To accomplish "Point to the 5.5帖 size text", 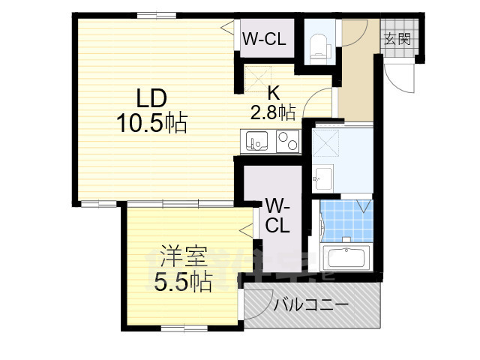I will click(182, 282).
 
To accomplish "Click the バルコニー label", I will click(310, 305).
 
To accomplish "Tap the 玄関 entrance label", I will click(397, 39).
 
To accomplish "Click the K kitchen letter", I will click(274, 93).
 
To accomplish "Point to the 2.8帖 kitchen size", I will click(272, 112).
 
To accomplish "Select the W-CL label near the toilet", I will click(264, 40).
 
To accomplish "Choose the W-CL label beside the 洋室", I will click(277, 214).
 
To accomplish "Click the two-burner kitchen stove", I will click(287, 139).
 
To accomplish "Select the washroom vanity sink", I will click(324, 178).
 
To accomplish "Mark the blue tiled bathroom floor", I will click(346, 220).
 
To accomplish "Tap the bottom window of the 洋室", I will click(184, 328).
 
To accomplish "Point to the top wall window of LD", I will click(157, 14).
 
